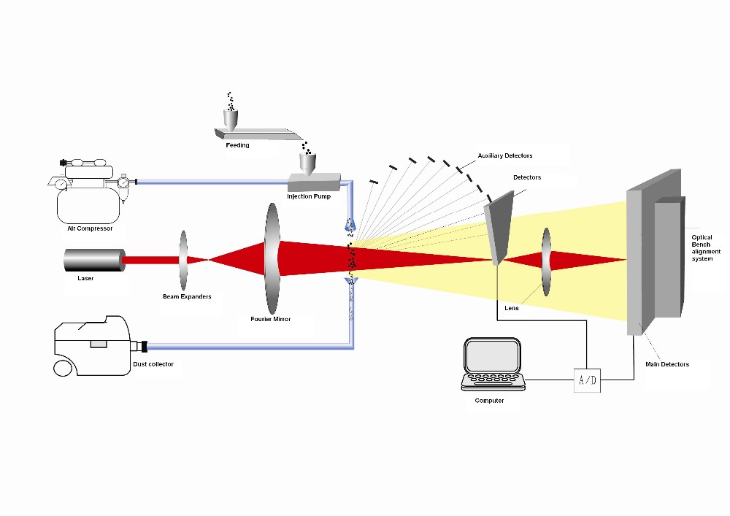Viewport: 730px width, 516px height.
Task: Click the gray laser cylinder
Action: tap(94, 260)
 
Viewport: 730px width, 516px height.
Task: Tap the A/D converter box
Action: tap(587, 380)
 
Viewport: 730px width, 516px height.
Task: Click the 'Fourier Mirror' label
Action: tap(271, 319)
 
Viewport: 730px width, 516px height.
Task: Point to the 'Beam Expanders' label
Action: tap(187, 296)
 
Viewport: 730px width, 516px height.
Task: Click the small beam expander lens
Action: tap(183, 261)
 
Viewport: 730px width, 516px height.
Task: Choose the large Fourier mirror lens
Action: tap(272, 258)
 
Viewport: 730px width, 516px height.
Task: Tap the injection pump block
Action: tap(314, 182)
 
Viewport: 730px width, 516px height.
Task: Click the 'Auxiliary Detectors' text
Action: tap(505, 155)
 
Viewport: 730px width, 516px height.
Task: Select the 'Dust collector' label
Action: tap(153, 364)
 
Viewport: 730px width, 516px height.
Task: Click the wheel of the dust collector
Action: tap(63, 368)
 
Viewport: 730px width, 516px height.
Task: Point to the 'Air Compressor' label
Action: tap(90, 228)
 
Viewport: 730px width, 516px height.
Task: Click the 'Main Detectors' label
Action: tap(667, 364)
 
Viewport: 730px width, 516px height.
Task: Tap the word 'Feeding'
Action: tap(237, 145)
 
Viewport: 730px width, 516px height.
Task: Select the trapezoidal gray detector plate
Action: tap(499, 228)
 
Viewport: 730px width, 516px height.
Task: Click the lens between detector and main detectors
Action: tap(547, 262)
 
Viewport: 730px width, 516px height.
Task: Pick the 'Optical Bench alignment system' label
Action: tap(706, 248)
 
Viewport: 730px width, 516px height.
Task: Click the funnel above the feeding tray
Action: tap(231, 119)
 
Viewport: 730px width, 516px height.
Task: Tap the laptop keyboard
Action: tap(493, 380)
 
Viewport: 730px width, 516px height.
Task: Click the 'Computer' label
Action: tap(489, 401)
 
